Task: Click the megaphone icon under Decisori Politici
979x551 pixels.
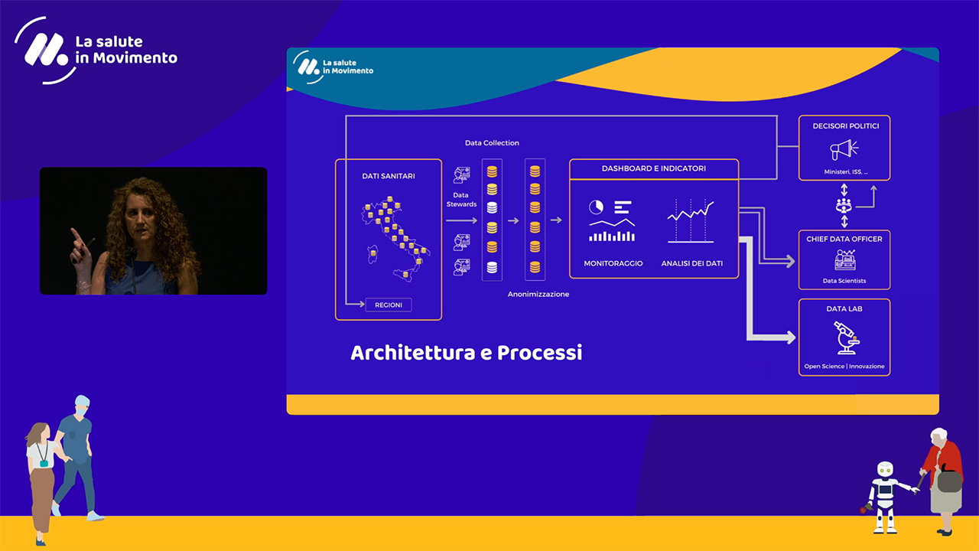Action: (844, 149)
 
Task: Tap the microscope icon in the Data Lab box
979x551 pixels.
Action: (847, 337)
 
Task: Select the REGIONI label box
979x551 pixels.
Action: (389, 305)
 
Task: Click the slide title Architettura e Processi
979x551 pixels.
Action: (467, 353)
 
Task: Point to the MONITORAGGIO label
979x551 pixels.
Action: (613, 263)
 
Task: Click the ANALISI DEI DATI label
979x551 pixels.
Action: (692, 263)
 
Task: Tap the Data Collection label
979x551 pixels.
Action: (492, 143)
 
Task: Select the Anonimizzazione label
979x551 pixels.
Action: (538, 295)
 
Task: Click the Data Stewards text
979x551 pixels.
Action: (461, 200)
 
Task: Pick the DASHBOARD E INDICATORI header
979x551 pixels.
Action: (654, 168)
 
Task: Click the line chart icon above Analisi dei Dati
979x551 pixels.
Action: (691, 221)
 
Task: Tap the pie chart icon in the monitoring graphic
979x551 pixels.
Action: (596, 207)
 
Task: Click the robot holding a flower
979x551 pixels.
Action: (887, 497)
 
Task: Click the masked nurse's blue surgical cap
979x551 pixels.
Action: (82, 401)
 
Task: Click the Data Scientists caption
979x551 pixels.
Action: (844, 281)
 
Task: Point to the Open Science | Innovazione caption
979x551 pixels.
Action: (844, 367)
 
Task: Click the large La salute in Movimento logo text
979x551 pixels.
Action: (126, 50)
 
